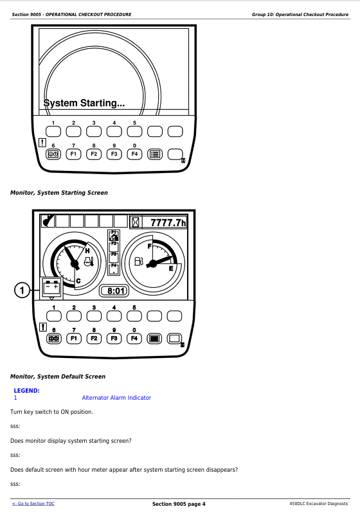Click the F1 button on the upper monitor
(x=73, y=154)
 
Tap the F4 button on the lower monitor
(x=134, y=338)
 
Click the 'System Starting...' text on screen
(x=84, y=103)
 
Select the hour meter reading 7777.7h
(x=168, y=222)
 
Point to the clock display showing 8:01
(x=114, y=290)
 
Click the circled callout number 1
(x=22, y=290)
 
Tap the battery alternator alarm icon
(x=51, y=288)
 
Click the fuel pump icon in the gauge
(x=139, y=262)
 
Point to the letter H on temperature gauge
(x=87, y=251)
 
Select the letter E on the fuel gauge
(x=171, y=269)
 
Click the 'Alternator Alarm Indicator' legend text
(x=116, y=398)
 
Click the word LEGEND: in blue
(x=27, y=391)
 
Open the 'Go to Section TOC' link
(x=33, y=503)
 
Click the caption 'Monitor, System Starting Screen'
(x=59, y=193)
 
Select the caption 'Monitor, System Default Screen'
(x=58, y=376)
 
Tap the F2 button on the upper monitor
(x=94, y=154)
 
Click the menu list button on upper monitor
(x=155, y=154)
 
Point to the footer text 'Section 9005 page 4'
(x=179, y=504)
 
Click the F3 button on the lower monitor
(x=114, y=338)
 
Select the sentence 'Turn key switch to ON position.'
(x=51, y=412)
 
